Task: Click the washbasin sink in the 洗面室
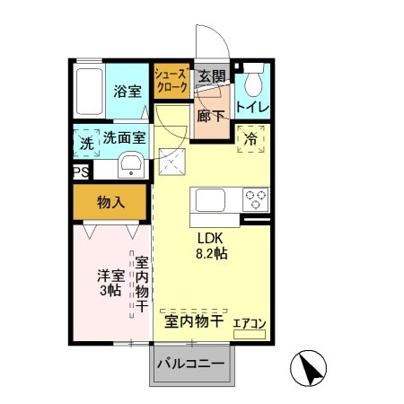(x=130, y=163)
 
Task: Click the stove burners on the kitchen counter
(x=253, y=198)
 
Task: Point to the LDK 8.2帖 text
(x=212, y=246)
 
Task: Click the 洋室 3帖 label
(x=110, y=283)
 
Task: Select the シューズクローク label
(x=171, y=81)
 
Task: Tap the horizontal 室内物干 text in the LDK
(x=192, y=321)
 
